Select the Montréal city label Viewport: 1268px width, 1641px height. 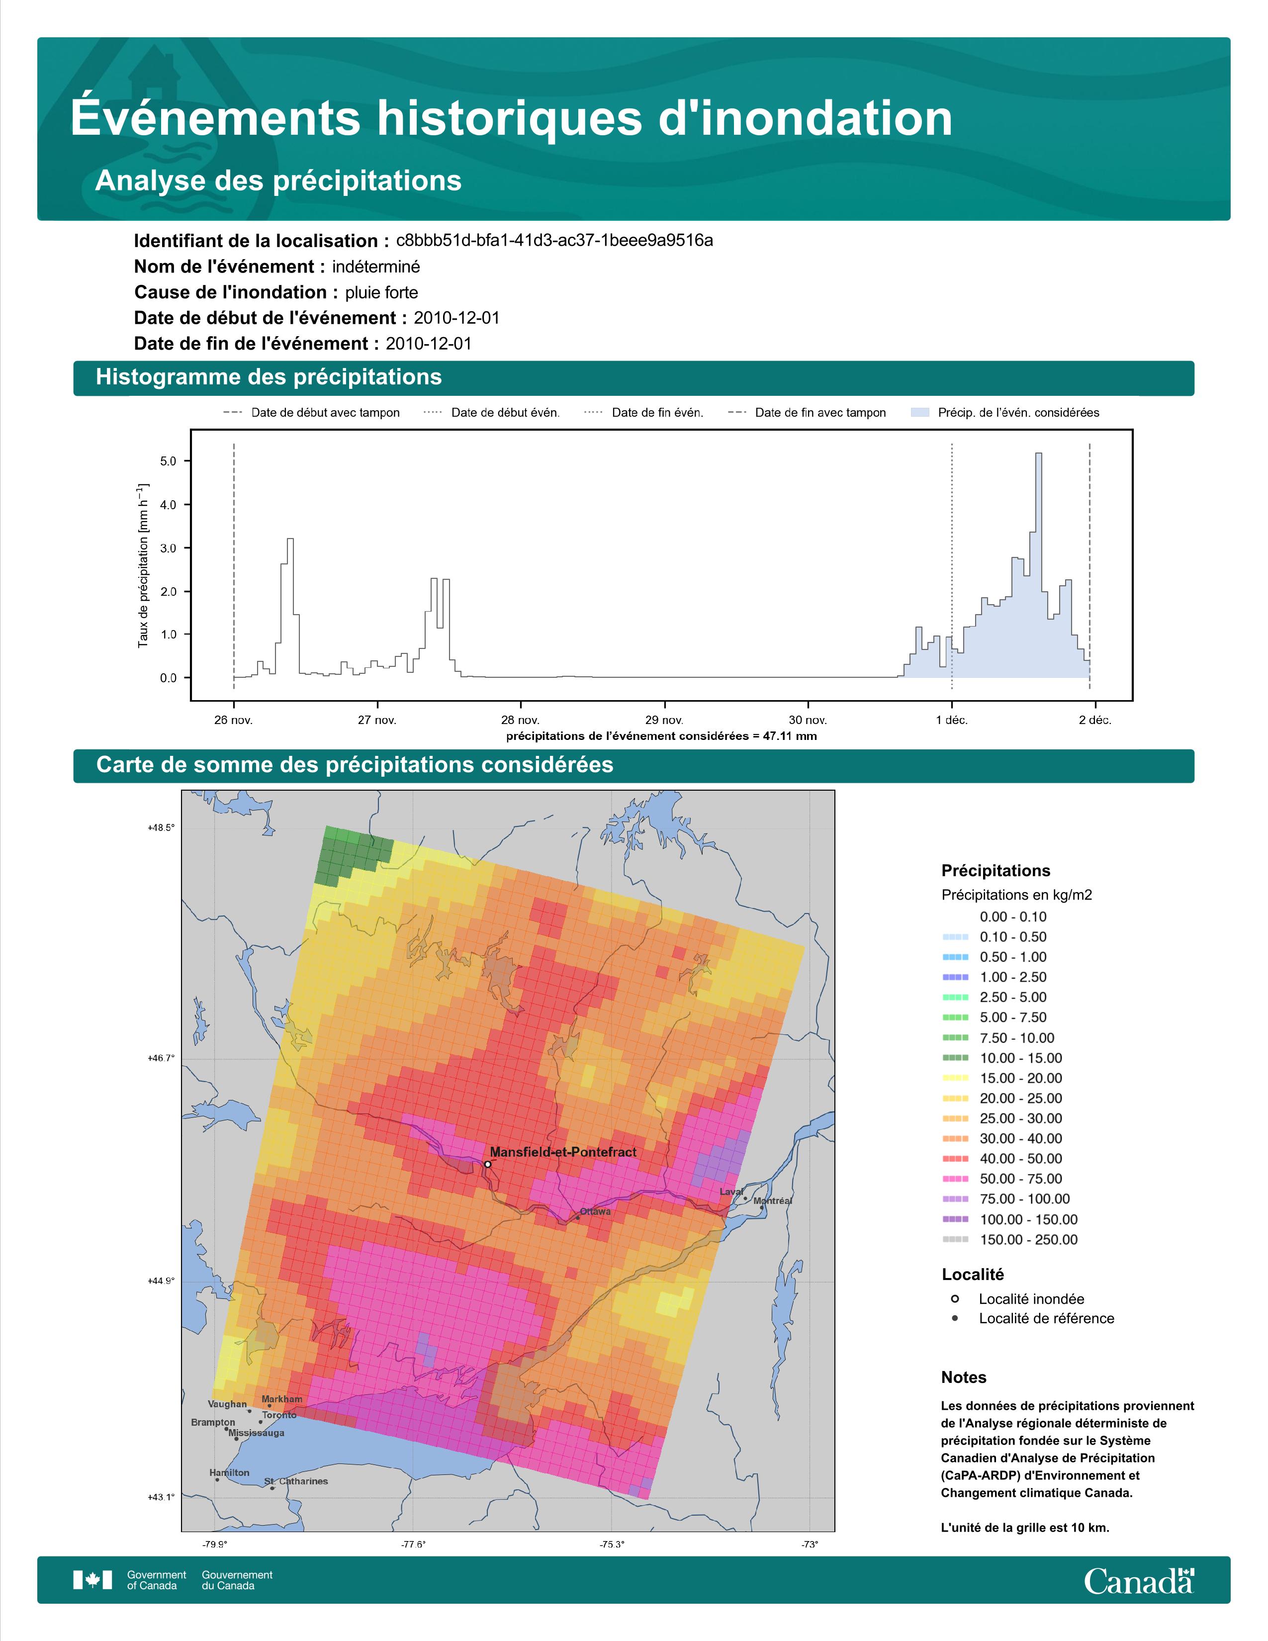772,1201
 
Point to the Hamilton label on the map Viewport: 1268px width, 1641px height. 229,1473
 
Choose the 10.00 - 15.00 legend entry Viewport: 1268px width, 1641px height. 1020,1058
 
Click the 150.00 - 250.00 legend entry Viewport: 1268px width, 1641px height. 1028,1240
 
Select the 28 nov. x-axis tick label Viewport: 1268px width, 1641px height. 520,720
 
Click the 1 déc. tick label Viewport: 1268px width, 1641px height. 952,720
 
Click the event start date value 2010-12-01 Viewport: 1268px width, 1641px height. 456,318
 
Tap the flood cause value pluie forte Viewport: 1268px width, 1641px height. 381,292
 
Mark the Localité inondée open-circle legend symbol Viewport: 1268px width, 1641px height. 955,1299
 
